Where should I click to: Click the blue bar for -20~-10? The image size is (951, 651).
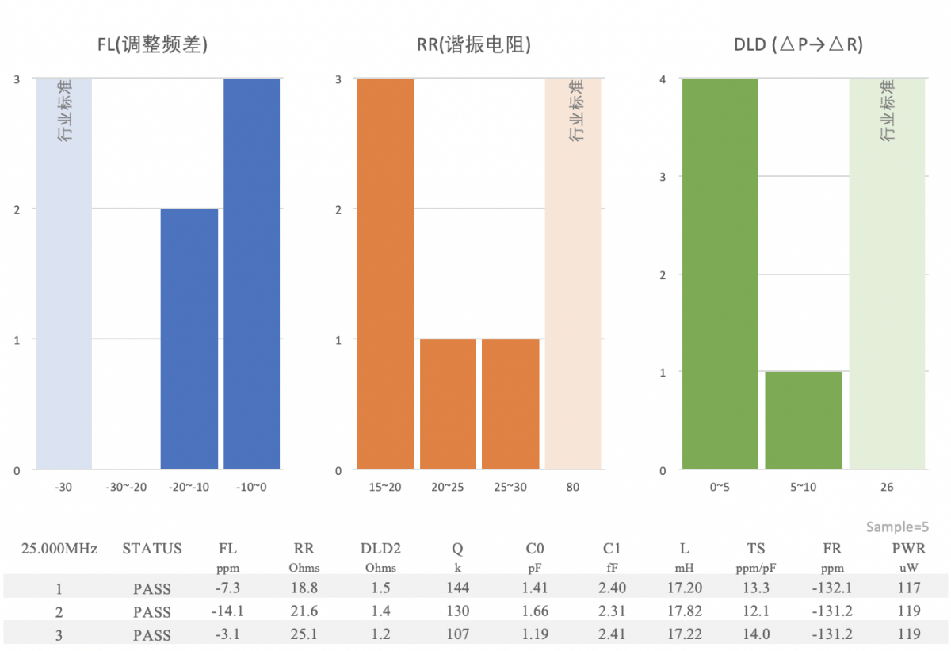coord(189,339)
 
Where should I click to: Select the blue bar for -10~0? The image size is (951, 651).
coord(252,274)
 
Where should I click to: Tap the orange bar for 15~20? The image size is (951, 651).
coord(386,274)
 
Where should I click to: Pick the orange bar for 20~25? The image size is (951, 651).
coord(448,404)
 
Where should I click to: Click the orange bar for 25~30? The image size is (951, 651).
coord(510,404)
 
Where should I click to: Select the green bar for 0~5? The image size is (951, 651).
coord(720,274)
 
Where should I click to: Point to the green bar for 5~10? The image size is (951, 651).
coord(804,420)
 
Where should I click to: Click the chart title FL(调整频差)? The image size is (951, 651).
coord(153,45)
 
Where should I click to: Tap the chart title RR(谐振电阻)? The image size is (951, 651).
coord(474,45)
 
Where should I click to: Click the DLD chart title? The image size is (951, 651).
coord(798,45)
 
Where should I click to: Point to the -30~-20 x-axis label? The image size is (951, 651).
coord(127,487)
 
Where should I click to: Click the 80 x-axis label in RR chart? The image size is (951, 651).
coord(572,487)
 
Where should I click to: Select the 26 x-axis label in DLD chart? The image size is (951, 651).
coord(887,487)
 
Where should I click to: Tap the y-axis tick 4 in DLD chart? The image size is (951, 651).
coord(663,79)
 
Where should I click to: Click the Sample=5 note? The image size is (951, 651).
coord(897,527)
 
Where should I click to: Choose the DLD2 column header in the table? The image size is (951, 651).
coord(380,548)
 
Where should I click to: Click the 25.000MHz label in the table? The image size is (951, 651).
coord(59,548)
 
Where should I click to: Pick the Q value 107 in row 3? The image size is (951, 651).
coord(457,634)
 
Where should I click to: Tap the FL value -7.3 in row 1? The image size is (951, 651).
coord(227,588)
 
